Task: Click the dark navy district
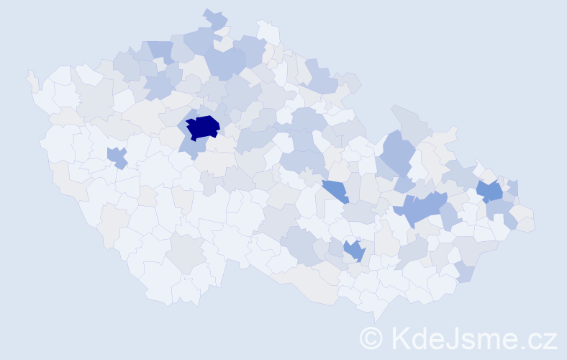coord(203,127)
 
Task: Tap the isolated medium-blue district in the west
coord(117,156)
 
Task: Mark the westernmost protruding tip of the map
coord(30,75)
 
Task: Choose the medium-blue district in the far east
coord(491,191)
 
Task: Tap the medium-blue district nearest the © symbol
coord(354,251)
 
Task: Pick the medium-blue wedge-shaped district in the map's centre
coord(335,191)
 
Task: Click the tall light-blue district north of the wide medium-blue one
coord(397,153)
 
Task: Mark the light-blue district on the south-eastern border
coord(465,272)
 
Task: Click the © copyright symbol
coord(373,338)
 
